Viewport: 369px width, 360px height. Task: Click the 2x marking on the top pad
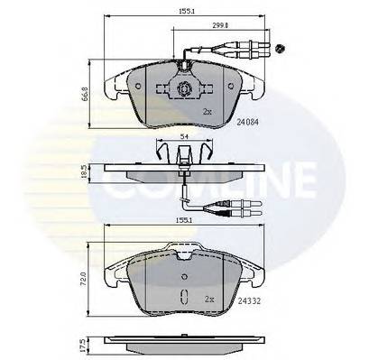tap(207, 111)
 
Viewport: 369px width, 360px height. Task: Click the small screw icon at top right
tap(282, 47)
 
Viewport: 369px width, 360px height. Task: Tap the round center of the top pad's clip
tap(184, 90)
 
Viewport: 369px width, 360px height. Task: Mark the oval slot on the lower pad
tap(185, 296)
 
